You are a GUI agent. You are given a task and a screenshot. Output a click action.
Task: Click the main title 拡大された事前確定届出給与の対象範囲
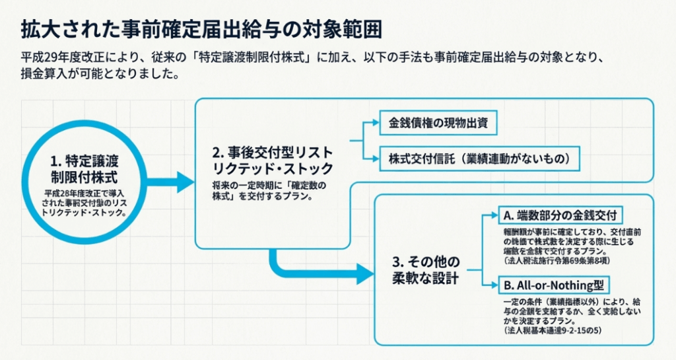(201, 29)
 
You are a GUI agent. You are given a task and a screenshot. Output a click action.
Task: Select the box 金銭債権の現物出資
(438, 123)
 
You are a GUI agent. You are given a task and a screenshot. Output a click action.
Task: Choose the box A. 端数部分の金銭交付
(561, 216)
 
